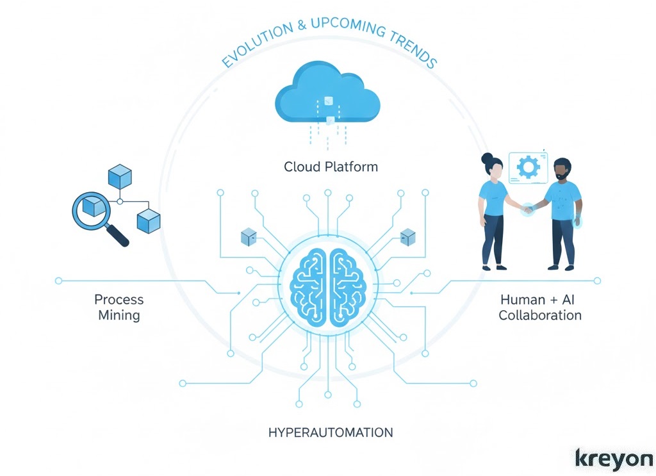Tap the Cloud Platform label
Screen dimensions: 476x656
(x=331, y=167)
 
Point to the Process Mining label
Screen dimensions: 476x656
(x=119, y=307)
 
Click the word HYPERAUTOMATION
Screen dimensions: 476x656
(x=331, y=432)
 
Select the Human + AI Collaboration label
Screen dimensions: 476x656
(x=540, y=307)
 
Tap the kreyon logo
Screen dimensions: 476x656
(x=614, y=459)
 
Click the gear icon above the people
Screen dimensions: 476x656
(x=529, y=167)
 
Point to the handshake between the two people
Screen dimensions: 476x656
(x=527, y=209)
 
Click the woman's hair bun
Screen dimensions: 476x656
(x=487, y=158)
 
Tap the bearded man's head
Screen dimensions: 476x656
(x=561, y=169)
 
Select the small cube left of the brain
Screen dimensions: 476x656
(x=249, y=237)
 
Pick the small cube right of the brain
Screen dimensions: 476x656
(x=407, y=237)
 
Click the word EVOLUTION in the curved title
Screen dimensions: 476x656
(x=255, y=50)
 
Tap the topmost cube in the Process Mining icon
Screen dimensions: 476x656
(x=120, y=176)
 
